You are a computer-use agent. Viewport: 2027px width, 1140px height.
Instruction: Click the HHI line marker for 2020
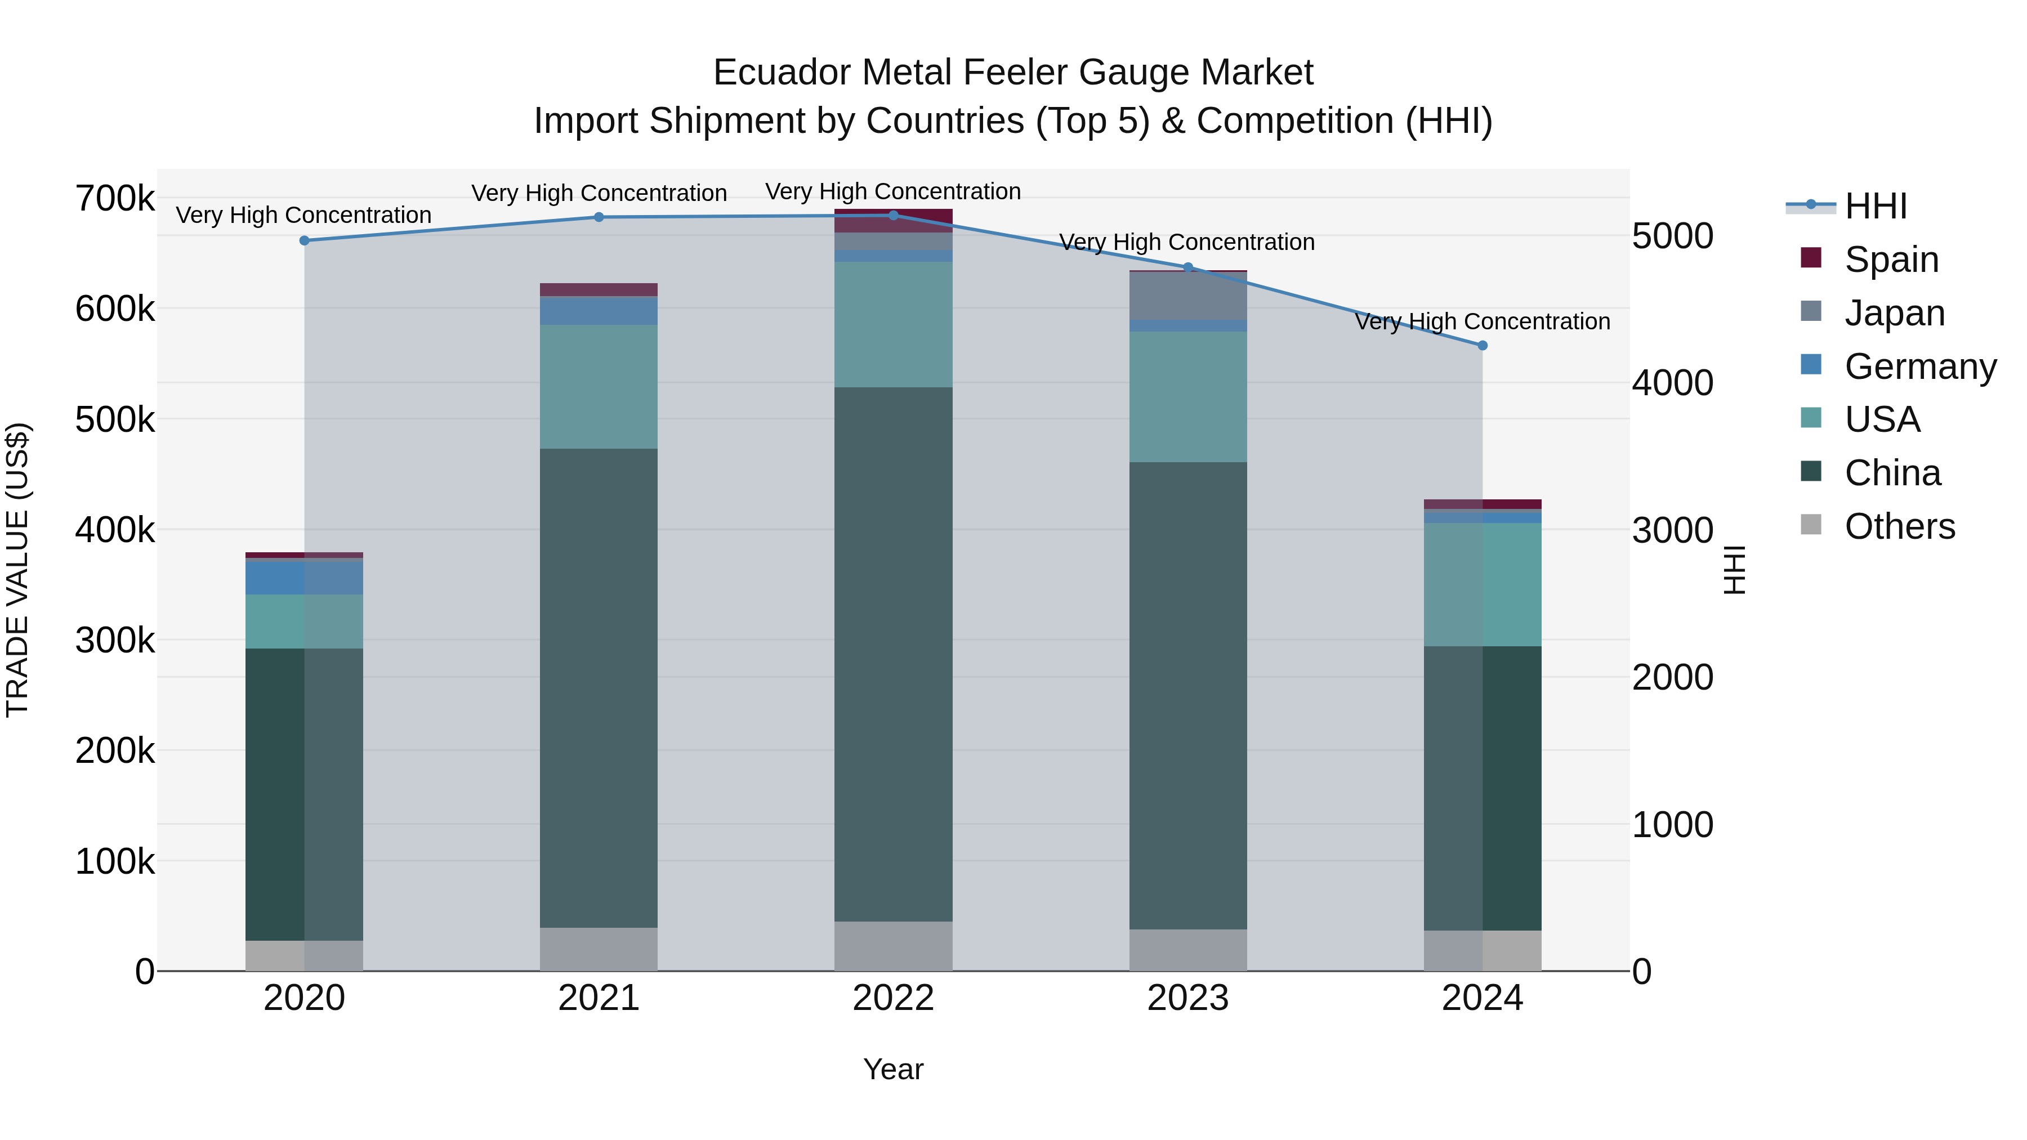coord(305,241)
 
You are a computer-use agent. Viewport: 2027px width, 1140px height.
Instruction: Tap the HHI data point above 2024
coord(1483,346)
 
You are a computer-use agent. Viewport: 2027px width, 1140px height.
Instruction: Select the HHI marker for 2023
coord(1188,267)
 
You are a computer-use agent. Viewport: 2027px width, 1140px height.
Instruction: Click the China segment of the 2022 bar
coord(893,653)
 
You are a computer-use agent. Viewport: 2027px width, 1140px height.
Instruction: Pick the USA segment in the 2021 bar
coord(599,387)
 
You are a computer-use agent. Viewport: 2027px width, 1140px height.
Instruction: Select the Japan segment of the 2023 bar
coord(1188,296)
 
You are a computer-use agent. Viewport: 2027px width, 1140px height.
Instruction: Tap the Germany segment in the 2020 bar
coord(305,578)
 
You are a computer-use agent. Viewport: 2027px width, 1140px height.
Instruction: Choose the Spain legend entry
coord(1891,260)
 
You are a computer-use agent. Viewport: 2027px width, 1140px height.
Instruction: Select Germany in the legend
coord(1920,366)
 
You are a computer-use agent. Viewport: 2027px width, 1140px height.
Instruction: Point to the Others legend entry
coord(1899,526)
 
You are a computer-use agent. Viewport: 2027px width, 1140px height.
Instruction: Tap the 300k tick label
coord(115,641)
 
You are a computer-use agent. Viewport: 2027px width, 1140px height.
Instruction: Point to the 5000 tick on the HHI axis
coord(1673,236)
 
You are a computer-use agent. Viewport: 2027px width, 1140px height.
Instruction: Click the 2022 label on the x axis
coord(893,998)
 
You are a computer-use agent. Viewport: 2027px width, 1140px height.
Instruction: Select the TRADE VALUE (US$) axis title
coord(17,570)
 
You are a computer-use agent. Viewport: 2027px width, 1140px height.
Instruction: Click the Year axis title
coord(893,1069)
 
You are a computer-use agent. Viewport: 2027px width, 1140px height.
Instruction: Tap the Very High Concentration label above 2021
coord(599,193)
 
